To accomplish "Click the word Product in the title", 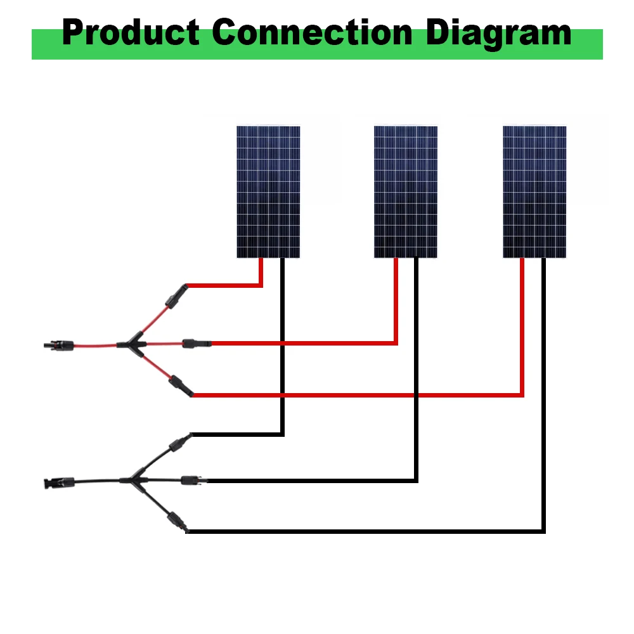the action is tap(131, 32).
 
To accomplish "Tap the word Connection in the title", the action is tap(312, 32).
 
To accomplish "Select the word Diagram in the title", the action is tap(498, 34).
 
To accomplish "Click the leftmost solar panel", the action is tap(268, 191).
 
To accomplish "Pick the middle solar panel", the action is tap(406, 191).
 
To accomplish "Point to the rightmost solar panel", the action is tap(534, 191).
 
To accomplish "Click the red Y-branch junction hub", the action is tap(133, 344).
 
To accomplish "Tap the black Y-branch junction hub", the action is tap(134, 480).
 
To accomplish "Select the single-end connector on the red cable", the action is tap(59, 346).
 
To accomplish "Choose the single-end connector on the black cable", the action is tap(59, 482).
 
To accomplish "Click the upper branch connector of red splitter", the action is tap(177, 297).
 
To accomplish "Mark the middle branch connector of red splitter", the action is tap(197, 344).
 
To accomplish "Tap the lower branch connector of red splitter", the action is tap(181, 385).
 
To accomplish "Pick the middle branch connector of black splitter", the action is tap(194, 481).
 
